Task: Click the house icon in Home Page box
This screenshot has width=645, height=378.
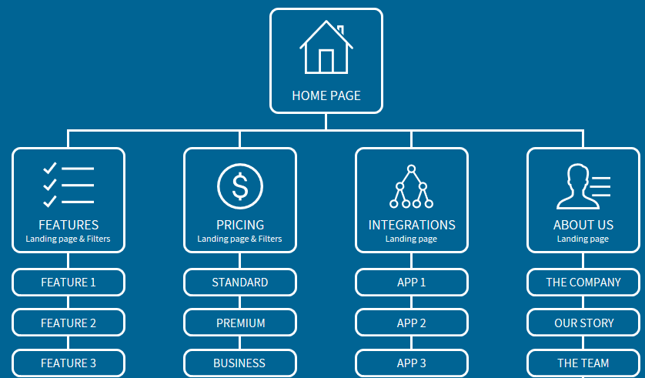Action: tap(326, 47)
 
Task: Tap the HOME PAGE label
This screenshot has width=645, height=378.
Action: tap(326, 95)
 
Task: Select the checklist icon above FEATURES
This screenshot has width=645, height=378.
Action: tap(69, 185)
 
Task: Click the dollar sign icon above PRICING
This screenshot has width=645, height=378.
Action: tap(240, 186)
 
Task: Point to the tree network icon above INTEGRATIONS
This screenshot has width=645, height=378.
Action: tap(411, 186)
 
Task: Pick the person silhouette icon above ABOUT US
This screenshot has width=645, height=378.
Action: tap(583, 186)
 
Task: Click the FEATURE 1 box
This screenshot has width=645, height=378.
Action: tap(69, 283)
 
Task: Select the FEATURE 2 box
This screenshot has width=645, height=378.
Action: tap(69, 323)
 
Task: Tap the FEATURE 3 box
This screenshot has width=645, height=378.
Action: tap(69, 363)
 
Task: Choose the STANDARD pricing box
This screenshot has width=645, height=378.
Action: tap(240, 283)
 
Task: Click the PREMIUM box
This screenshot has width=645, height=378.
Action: tap(240, 323)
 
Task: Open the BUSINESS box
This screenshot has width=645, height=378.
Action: tap(240, 363)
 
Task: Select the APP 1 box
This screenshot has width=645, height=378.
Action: tap(412, 283)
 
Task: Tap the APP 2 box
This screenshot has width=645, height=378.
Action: tap(412, 323)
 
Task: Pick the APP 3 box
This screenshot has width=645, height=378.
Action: tap(412, 363)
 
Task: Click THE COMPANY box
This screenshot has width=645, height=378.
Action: tap(583, 283)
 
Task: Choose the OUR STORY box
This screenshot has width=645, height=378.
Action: tap(583, 323)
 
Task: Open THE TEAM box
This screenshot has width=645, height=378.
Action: tap(583, 363)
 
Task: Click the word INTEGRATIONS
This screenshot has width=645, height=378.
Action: tap(412, 225)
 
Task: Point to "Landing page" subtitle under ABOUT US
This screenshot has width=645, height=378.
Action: tap(583, 239)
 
